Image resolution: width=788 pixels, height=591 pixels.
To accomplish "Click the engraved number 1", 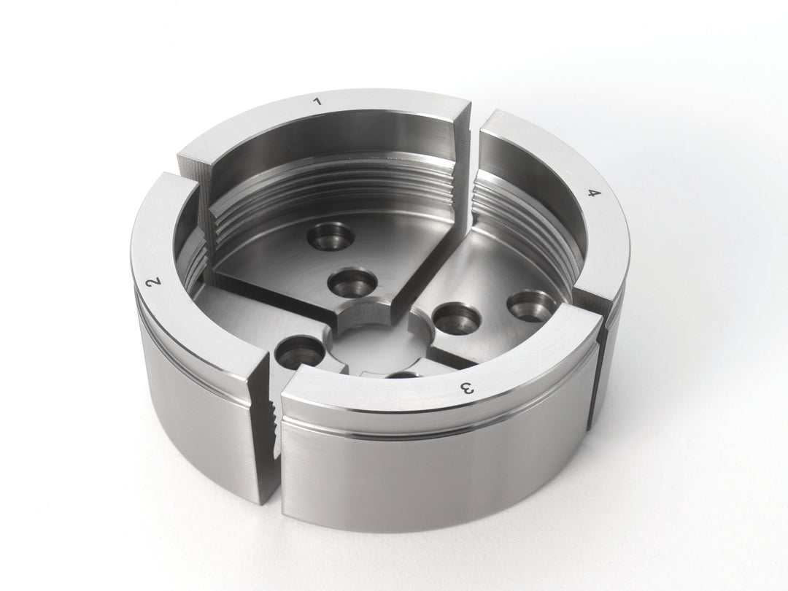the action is point(317,102).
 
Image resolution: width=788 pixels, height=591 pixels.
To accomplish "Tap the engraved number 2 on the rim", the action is point(154,282).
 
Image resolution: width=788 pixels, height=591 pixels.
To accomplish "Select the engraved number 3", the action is point(468,388).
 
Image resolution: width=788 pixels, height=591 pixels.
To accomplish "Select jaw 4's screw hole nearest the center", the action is point(455,317).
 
